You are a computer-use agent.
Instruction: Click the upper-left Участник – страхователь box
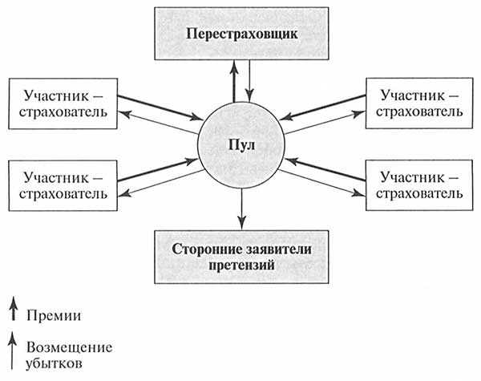pos(62,104)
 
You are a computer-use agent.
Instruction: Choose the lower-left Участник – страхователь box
pos(62,184)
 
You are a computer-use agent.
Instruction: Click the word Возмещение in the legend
pos(68,347)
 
